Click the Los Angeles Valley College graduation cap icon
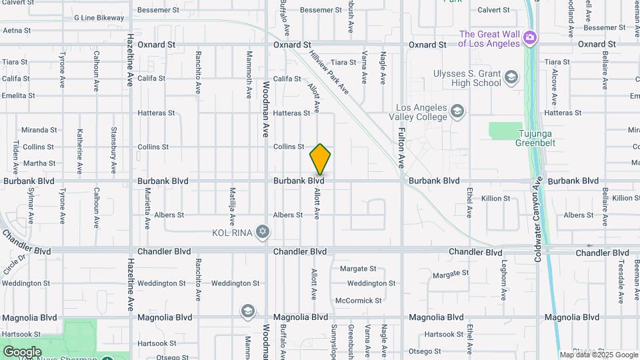pyautogui.click(x=457, y=111)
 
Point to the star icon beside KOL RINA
pyautogui.click(x=263, y=232)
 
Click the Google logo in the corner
pyautogui.click(x=22, y=351)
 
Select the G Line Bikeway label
pyautogui.click(x=99, y=18)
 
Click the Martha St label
pyautogui.click(x=39, y=163)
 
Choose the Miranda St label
pyautogui.click(x=39, y=130)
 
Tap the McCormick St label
pyautogui.click(x=359, y=301)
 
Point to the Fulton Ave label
pyautogui.click(x=402, y=147)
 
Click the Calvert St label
pyautogui.click(x=493, y=10)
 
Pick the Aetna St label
pyautogui.click(x=17, y=31)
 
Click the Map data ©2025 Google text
pyautogui.click(x=599, y=355)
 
